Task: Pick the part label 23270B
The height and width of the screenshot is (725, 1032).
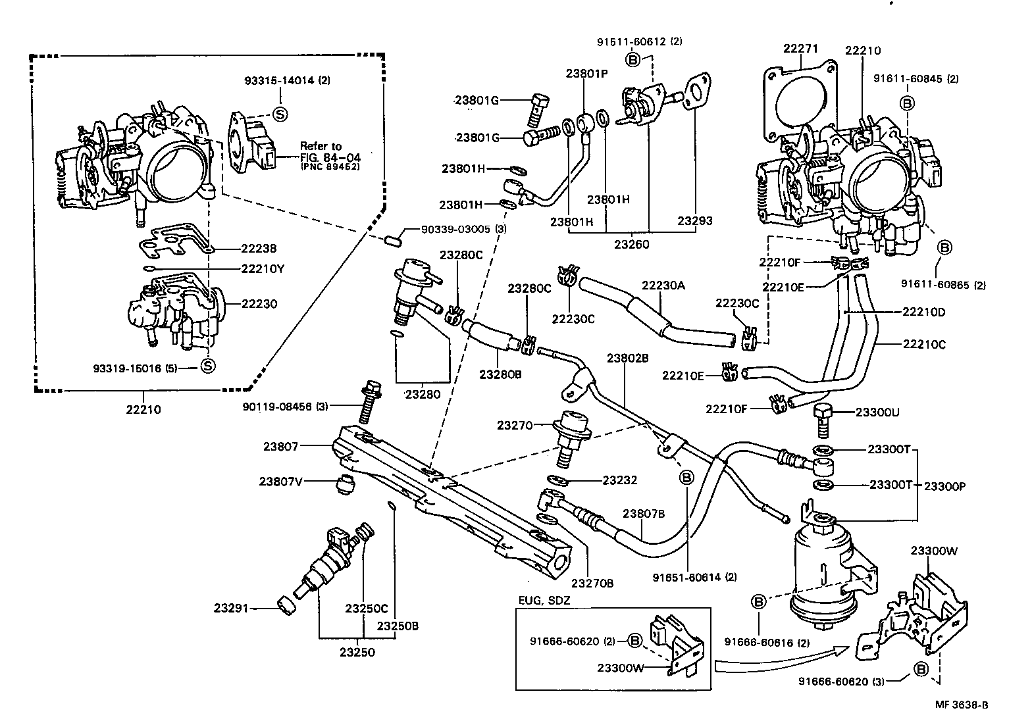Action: [x=592, y=582]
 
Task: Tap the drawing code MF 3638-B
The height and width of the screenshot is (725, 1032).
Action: [x=962, y=705]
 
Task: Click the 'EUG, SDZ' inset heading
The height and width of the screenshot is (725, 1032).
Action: [x=543, y=600]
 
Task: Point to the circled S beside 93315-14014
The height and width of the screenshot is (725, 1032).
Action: [x=280, y=114]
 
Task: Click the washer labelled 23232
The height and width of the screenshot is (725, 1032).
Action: [x=557, y=480]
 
